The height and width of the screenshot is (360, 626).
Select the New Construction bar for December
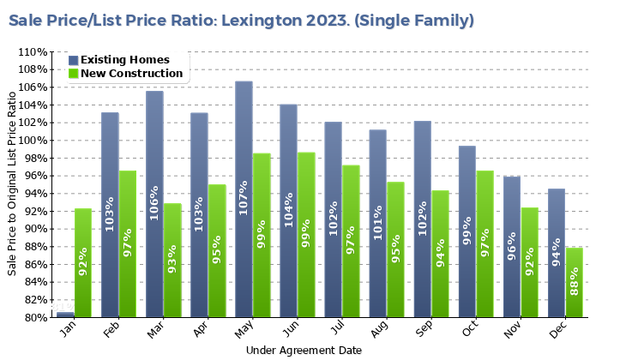tap(575, 283)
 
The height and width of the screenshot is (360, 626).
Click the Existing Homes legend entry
tap(124, 60)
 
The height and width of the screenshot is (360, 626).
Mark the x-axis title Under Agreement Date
tap(304, 351)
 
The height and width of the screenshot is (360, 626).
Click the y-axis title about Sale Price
tap(12, 184)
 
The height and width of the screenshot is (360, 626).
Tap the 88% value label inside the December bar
tap(575, 283)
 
